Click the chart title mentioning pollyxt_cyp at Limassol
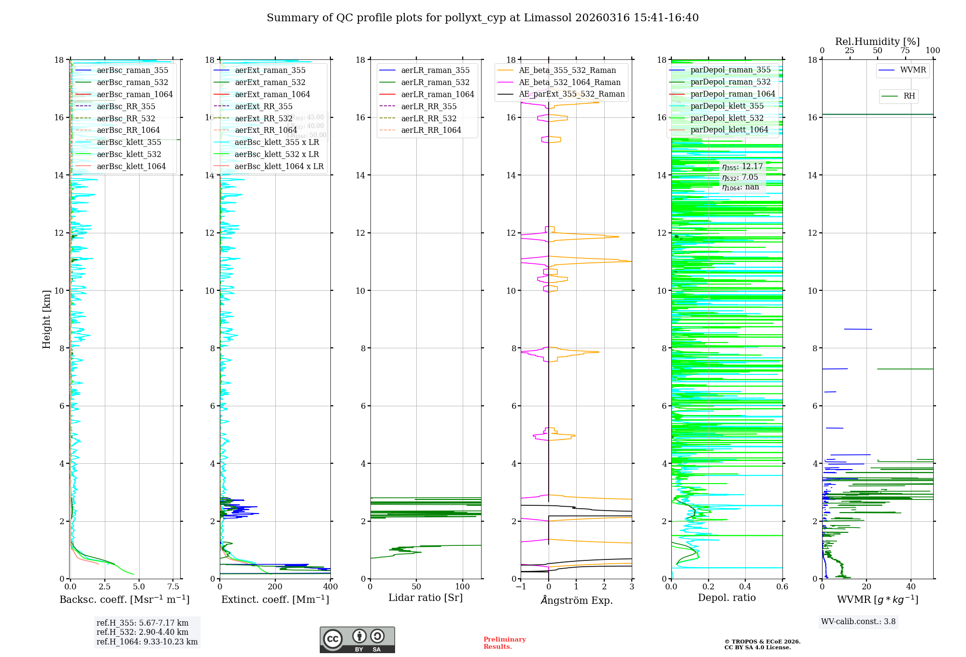[x=483, y=18]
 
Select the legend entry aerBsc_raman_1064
[x=134, y=94]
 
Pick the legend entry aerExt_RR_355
[x=263, y=106]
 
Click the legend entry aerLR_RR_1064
[x=431, y=130]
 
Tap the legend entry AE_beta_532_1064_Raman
[x=569, y=82]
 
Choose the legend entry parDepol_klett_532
[x=727, y=118]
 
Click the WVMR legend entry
[x=913, y=70]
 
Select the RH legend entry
[x=909, y=96]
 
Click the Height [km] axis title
[x=46, y=319]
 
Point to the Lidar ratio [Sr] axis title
[x=426, y=598]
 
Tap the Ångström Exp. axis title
[x=576, y=600]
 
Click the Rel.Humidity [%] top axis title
[x=877, y=42]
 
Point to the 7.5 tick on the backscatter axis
[x=173, y=586]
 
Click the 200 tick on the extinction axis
[x=275, y=586]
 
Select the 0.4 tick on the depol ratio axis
[x=745, y=586]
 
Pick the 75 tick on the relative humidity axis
[x=905, y=51]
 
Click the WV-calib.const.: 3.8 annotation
[x=858, y=622]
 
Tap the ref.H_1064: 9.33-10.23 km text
[x=147, y=642]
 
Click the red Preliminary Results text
[x=504, y=643]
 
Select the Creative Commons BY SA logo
[x=357, y=640]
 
